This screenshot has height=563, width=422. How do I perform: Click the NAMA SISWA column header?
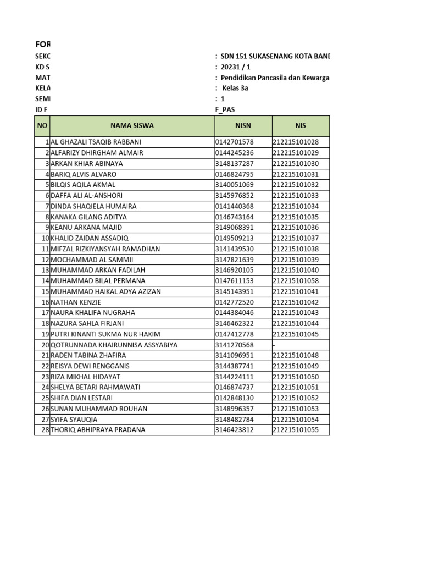click(132, 126)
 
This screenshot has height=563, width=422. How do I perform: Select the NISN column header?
click(243, 126)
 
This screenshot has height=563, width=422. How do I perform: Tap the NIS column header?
click(300, 126)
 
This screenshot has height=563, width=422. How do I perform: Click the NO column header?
click(42, 126)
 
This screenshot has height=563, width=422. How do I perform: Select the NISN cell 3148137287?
click(235, 164)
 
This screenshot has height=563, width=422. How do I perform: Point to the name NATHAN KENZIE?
click(76, 302)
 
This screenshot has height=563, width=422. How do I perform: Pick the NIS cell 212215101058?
click(296, 281)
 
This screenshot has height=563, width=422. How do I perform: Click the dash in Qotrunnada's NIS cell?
click(274, 345)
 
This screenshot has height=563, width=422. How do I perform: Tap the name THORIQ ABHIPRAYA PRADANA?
click(98, 430)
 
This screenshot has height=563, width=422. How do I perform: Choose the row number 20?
click(45, 345)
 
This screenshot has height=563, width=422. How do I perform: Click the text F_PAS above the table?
click(225, 110)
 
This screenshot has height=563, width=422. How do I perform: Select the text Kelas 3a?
click(235, 89)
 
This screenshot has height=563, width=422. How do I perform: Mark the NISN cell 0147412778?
click(235, 334)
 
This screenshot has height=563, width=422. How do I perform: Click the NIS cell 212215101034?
click(296, 207)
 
